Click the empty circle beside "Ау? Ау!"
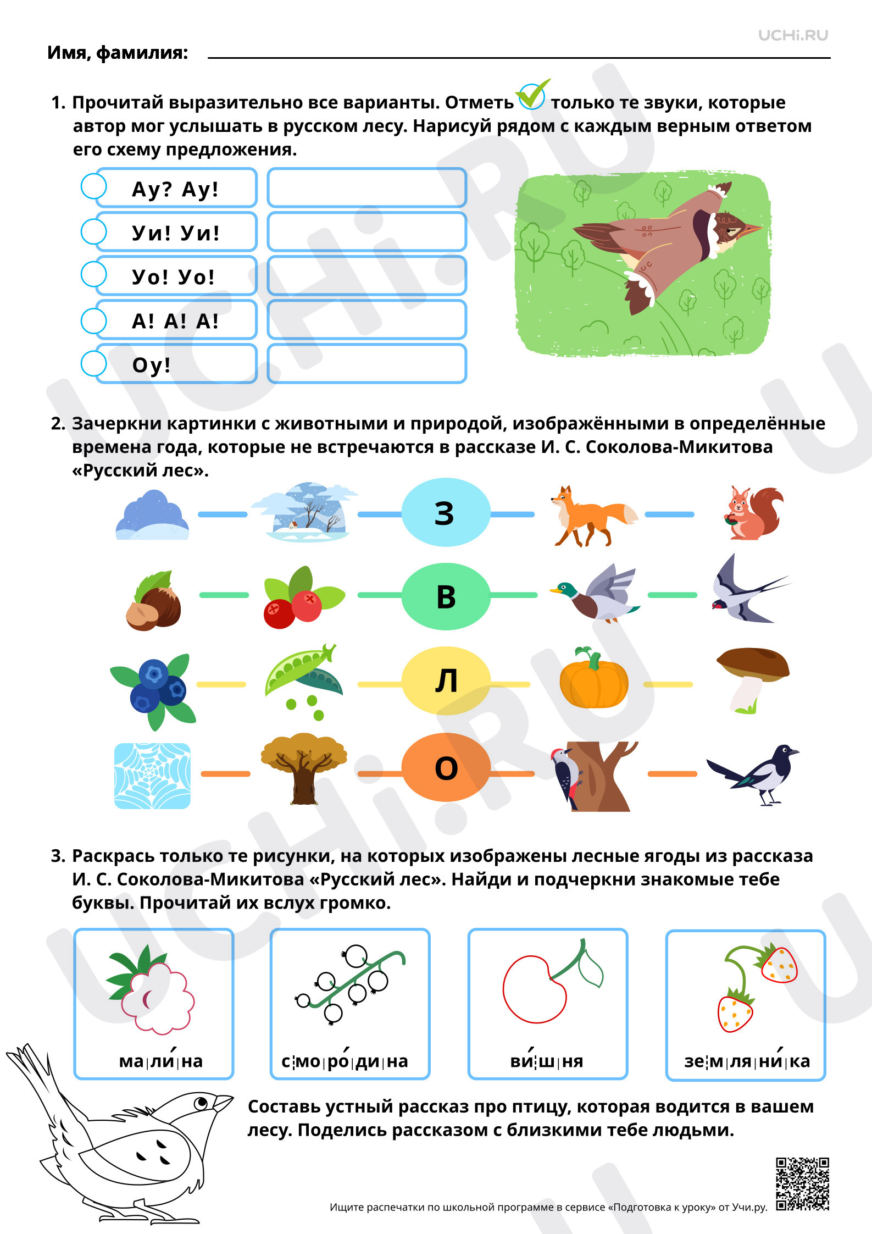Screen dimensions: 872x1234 pyautogui.click(x=93, y=186)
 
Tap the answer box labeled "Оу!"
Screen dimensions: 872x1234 pyautogui.click(x=176, y=364)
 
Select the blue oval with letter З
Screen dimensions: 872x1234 pyautogui.click(x=446, y=512)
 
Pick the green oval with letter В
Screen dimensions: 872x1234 pyautogui.click(x=446, y=596)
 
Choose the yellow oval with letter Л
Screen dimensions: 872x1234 pyautogui.click(x=446, y=680)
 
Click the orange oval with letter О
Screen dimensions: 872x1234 pyautogui.click(x=446, y=768)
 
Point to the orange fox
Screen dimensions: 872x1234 pyautogui.click(x=593, y=516)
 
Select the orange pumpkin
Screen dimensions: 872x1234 pyautogui.click(x=593, y=678)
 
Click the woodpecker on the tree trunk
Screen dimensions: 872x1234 pyautogui.click(x=565, y=775)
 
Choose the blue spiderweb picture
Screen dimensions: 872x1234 pyautogui.click(x=152, y=776)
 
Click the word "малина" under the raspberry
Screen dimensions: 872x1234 pyautogui.click(x=161, y=1061)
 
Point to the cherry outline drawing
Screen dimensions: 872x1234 pyautogui.click(x=552, y=981)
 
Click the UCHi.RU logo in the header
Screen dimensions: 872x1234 pyautogui.click(x=793, y=35)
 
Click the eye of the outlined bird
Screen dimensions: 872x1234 pyautogui.click(x=202, y=1102)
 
